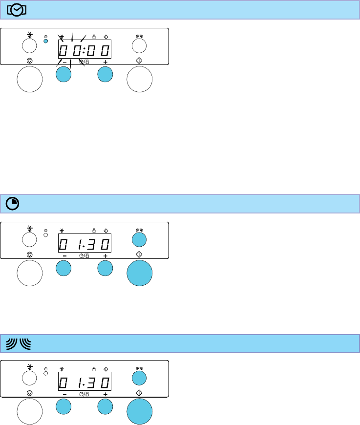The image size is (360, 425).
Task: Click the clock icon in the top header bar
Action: [18, 10]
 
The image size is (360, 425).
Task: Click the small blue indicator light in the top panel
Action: [45, 41]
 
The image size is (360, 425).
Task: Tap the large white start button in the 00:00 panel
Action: [140, 80]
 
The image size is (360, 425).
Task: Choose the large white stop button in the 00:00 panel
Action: [30, 80]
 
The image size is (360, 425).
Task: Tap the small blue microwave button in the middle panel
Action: [139, 239]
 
